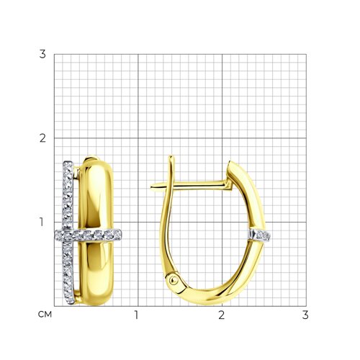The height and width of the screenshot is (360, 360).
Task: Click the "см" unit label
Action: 45,315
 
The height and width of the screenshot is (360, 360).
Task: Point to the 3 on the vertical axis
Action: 42,54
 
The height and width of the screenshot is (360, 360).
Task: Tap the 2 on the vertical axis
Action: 42,138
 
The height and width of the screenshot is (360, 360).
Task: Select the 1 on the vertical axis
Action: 42,222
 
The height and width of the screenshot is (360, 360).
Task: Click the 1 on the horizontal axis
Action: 137,315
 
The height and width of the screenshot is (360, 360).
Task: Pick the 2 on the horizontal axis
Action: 222,315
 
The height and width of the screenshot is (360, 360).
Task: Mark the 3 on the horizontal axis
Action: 305,315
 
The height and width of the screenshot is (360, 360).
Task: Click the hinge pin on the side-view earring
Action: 174,280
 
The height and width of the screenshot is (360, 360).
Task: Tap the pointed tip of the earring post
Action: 151,186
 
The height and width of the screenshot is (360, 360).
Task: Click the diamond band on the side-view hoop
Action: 260,235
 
